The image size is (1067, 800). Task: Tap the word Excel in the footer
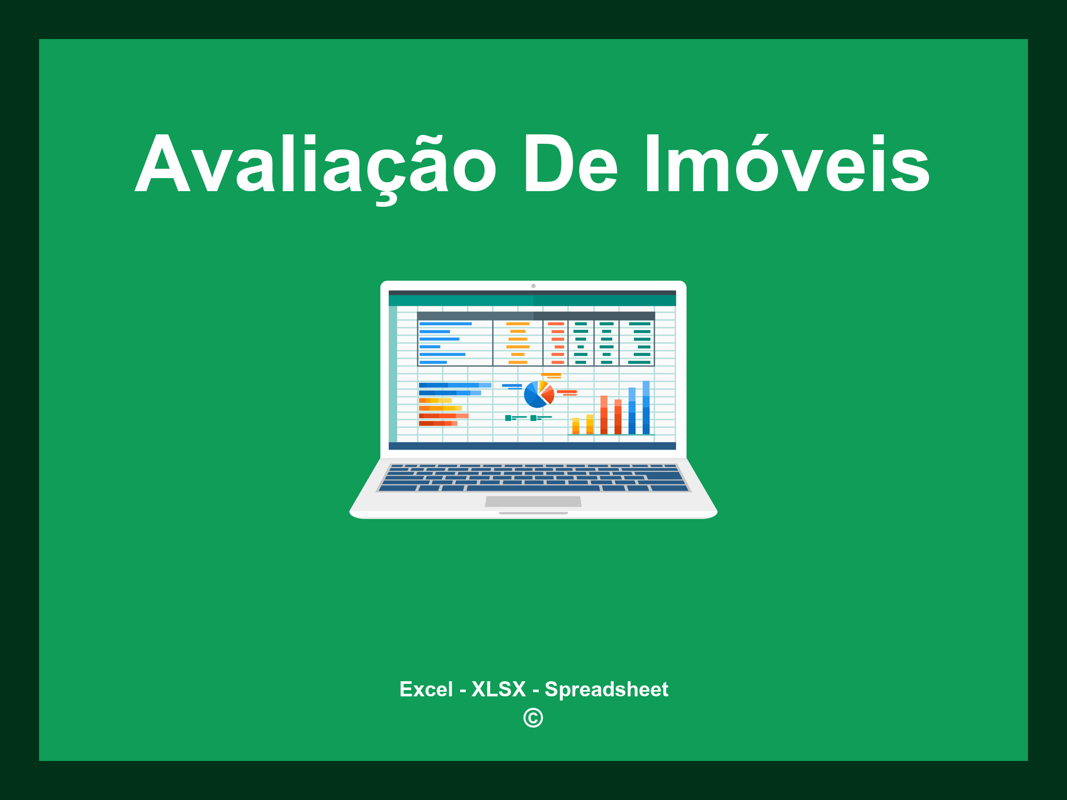tap(426, 690)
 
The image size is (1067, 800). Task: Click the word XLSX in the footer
tap(499, 690)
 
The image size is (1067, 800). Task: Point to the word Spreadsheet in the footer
tap(606, 690)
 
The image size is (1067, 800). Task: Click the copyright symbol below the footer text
tap(533, 718)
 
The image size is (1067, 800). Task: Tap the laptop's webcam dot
tap(533, 286)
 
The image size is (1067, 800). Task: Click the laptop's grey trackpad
tap(533, 502)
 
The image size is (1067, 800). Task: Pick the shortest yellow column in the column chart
tap(576, 426)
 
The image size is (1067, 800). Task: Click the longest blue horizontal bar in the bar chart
tap(454, 385)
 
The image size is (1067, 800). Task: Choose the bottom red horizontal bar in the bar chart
tap(438, 423)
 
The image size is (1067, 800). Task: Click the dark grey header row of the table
tap(536, 316)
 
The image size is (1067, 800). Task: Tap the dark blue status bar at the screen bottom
tap(532, 446)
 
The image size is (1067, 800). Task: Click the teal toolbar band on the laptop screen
tap(532, 301)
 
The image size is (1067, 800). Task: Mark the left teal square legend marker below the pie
tap(508, 418)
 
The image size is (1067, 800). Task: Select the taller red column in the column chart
tap(604, 415)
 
